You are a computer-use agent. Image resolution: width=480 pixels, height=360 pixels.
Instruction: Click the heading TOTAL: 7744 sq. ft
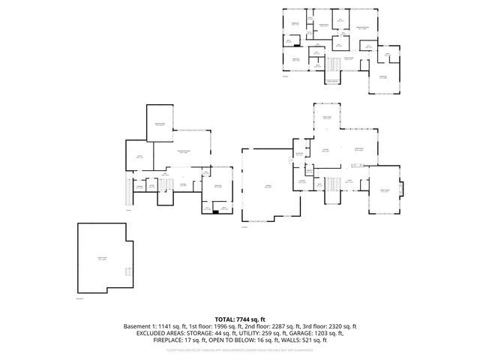(x=240, y=319)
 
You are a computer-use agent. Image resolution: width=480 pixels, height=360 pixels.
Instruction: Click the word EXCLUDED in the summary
(x=152, y=334)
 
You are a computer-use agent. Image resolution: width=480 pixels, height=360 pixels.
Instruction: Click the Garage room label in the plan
(x=267, y=188)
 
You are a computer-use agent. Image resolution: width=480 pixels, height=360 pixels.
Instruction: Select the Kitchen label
(x=326, y=150)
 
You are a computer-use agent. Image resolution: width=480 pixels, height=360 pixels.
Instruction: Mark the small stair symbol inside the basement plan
(x=128, y=271)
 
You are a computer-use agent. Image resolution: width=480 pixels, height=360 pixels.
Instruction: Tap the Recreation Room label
(x=182, y=152)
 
